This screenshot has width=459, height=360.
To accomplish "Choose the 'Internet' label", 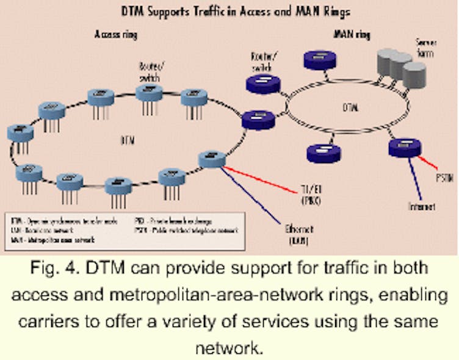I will [x=422, y=207].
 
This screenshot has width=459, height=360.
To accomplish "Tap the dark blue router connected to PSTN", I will [x=404, y=148].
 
